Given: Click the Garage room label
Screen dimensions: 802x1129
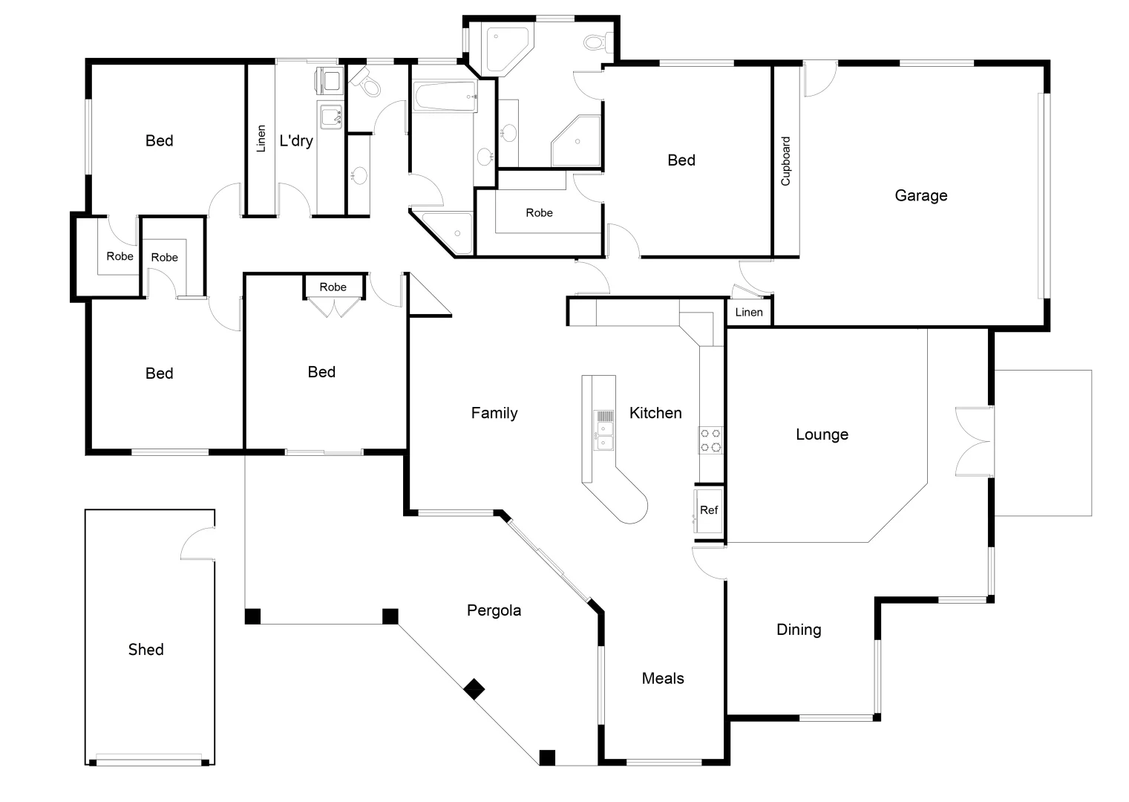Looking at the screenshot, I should [x=920, y=195].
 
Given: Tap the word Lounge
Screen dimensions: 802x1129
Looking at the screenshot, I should [x=822, y=434].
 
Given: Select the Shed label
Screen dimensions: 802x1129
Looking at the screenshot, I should [x=145, y=650].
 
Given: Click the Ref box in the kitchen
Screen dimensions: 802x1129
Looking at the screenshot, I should [x=709, y=510].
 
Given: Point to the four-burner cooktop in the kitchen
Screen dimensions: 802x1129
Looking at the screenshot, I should [x=710, y=440].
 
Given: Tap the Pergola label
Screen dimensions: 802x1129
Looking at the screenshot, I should [x=494, y=610].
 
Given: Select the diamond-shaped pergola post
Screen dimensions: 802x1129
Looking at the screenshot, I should [x=474, y=690].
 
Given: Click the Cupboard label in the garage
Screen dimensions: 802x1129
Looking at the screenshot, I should [x=786, y=161].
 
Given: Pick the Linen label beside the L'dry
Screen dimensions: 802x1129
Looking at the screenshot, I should [x=261, y=139].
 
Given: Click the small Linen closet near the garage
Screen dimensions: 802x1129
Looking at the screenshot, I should [x=748, y=312].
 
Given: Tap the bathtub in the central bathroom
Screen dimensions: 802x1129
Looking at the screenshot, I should [x=444, y=97].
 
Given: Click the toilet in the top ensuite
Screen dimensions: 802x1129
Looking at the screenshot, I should [x=597, y=42].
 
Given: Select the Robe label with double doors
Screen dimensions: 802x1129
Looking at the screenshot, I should [x=333, y=287].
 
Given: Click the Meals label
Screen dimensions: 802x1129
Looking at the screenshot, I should [x=663, y=678].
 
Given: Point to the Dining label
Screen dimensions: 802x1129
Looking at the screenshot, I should [x=799, y=630].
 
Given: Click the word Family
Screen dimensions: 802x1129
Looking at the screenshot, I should [x=494, y=413].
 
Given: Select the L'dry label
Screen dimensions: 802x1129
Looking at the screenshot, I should [x=296, y=140].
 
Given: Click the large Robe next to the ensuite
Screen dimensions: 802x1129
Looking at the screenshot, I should [x=539, y=213].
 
